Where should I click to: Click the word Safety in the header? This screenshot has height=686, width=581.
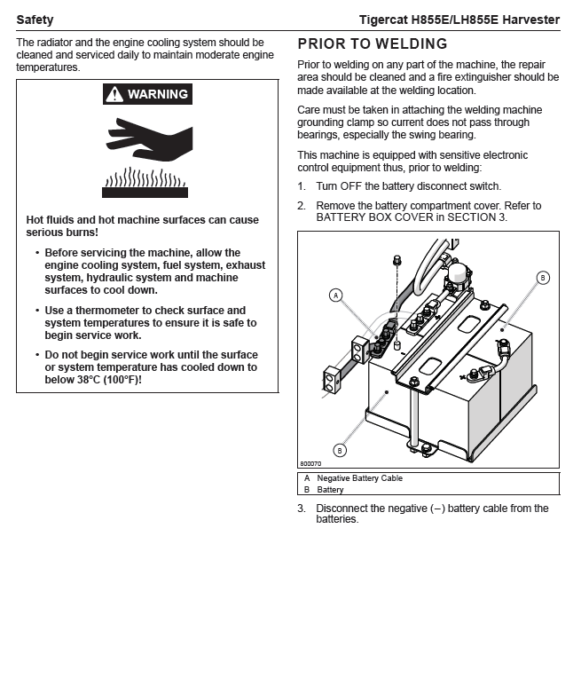[x=35, y=20]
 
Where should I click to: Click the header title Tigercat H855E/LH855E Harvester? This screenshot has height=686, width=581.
[x=459, y=20]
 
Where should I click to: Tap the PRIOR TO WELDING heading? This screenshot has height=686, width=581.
[x=373, y=43]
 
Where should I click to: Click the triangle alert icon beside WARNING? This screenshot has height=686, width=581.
[x=114, y=94]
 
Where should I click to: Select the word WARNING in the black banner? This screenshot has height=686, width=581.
[x=158, y=94]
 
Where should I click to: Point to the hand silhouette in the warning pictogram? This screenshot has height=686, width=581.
[x=150, y=139]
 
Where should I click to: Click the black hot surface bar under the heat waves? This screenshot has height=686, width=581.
[x=145, y=193]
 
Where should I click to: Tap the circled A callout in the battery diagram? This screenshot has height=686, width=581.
[x=336, y=296]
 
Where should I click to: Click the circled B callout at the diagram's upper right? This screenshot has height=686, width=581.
[x=543, y=278]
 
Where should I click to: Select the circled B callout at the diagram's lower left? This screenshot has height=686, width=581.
[x=340, y=450]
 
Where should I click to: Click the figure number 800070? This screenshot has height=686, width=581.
[x=310, y=463]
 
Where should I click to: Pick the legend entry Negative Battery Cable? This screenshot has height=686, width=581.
[x=360, y=478]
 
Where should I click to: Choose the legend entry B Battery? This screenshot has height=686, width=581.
[x=324, y=490]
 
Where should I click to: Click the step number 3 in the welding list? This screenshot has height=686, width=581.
[x=302, y=509]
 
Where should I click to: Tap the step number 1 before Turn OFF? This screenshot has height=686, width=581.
[x=302, y=186]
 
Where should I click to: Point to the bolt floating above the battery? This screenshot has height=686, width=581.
[x=397, y=261]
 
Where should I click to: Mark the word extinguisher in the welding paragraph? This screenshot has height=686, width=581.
[x=481, y=77]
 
